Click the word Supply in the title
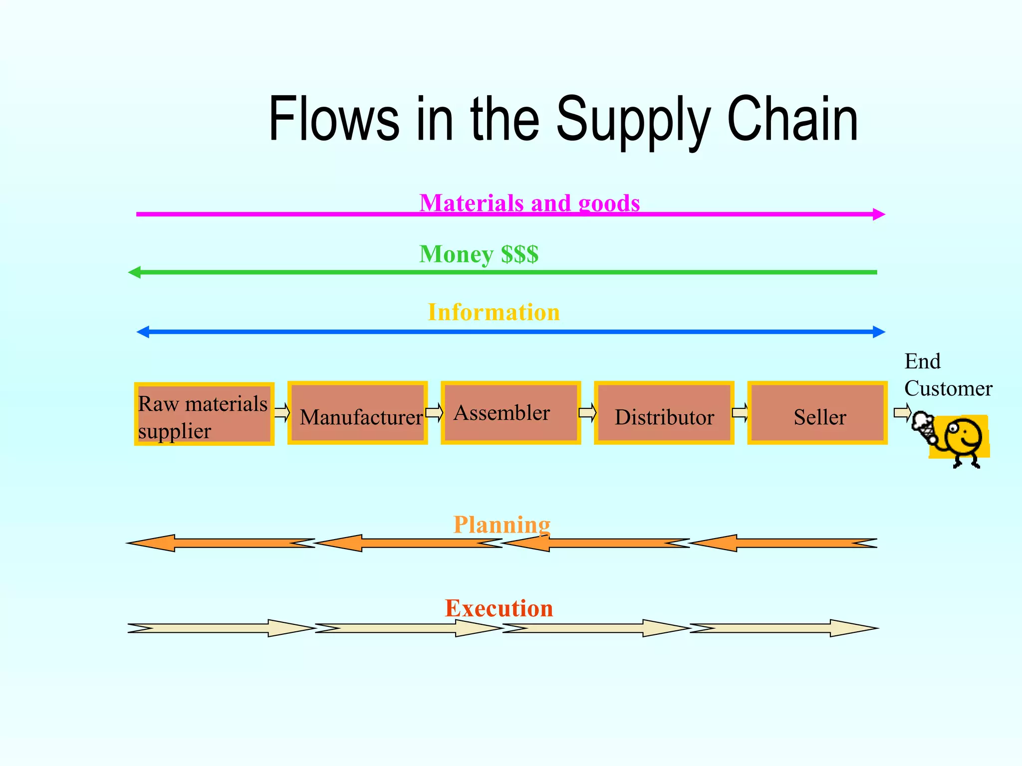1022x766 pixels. click(632, 120)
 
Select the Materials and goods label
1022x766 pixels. click(529, 203)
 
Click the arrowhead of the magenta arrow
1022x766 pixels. click(879, 214)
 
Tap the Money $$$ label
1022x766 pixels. click(479, 254)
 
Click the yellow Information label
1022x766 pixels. click(494, 313)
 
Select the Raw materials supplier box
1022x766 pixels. click(204, 414)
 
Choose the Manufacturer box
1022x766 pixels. click(357, 413)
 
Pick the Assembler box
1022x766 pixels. click(511, 413)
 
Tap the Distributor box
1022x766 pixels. click(664, 413)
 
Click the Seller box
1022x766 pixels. click(817, 413)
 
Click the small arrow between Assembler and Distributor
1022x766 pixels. click(587, 413)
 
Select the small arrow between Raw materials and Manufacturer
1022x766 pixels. click(282, 413)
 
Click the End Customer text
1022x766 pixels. click(947, 375)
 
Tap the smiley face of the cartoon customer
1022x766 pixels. click(963, 436)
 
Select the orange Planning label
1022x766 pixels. click(502, 525)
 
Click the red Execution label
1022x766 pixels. click(499, 608)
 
